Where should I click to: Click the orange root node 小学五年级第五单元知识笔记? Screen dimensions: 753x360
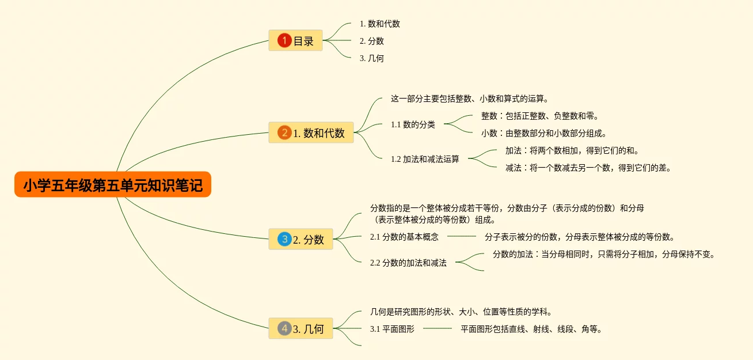[x=113, y=185]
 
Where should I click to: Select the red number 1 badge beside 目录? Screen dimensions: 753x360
[x=284, y=40]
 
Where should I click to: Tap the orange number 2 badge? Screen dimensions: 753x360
[x=284, y=132]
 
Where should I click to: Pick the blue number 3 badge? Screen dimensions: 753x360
[x=284, y=239]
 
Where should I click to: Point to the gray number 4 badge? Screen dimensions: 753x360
[x=284, y=328]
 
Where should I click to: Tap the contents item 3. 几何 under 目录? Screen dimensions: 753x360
[x=371, y=58]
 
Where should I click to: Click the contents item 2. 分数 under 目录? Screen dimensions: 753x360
[x=371, y=41]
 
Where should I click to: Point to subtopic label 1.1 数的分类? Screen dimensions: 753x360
[x=413, y=124]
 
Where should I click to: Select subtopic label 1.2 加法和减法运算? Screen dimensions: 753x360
[x=425, y=159]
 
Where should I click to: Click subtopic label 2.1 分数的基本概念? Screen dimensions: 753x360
[x=404, y=237]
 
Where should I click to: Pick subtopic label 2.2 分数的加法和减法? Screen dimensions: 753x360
[x=408, y=263]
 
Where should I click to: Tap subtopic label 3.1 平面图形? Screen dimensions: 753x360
[x=392, y=329]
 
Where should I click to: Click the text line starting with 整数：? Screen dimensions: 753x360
[x=538, y=116]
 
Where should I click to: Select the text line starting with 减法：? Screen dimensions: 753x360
[x=588, y=168]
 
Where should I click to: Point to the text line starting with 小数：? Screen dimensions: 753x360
[x=543, y=133]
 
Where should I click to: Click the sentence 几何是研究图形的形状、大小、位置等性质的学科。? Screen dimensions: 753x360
[x=462, y=312]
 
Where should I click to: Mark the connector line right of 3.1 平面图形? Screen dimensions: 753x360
[x=438, y=329]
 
